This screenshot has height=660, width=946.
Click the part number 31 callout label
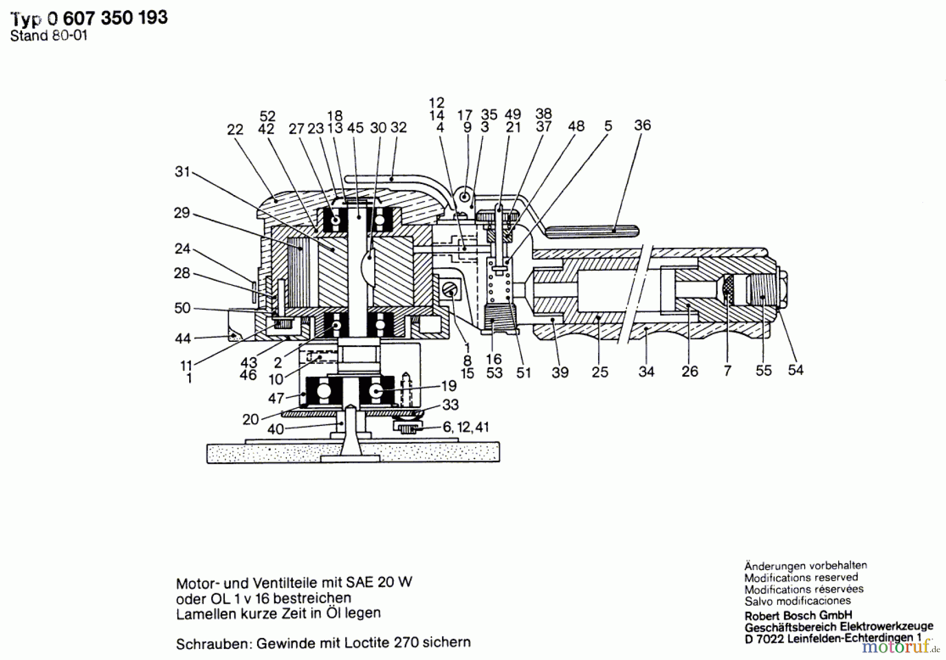(182, 172)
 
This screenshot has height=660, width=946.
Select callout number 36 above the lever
(642, 125)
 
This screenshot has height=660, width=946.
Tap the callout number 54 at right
(795, 370)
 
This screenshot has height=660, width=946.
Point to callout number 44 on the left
(182, 338)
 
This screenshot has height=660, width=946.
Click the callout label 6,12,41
(466, 427)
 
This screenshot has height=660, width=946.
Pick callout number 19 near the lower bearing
(448, 386)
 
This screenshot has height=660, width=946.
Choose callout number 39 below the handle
(560, 372)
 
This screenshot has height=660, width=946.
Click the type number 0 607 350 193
(107, 18)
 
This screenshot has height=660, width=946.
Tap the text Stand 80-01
(48, 36)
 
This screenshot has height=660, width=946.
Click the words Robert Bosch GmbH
(798, 615)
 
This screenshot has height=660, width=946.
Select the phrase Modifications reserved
(800, 578)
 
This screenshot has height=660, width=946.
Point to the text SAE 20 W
(378, 582)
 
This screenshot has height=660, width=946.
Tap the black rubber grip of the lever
(592, 230)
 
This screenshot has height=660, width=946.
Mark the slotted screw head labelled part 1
(450, 289)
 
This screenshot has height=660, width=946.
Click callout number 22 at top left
(235, 130)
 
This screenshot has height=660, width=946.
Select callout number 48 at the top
(576, 126)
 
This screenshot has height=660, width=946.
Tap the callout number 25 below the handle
(600, 372)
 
